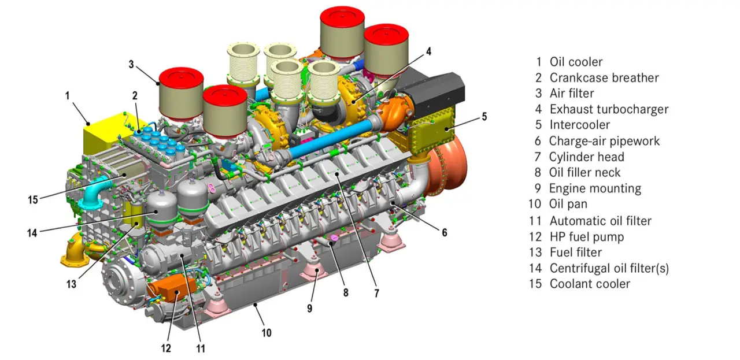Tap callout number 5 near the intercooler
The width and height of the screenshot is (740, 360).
pos(484,117)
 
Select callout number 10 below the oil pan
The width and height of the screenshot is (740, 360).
pos(266,333)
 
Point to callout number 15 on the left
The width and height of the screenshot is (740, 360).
pos(33,199)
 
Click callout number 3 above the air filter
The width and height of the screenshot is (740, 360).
pos(132,63)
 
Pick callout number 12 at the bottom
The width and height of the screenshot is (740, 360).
pos(166,348)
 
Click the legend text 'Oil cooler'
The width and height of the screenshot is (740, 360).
pos(576,62)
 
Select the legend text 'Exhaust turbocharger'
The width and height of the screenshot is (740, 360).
pos(609,109)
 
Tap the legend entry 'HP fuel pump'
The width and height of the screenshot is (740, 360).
pos(587,236)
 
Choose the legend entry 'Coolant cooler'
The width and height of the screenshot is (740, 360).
pos(590,284)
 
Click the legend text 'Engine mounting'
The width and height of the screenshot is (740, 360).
pos(595,188)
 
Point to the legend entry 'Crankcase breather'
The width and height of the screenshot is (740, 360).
pos(604,77)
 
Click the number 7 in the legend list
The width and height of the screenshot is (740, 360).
pos(538,157)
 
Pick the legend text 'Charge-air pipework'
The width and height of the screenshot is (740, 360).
pos(604,141)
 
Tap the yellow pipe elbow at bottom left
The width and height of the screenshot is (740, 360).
pos(73,254)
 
